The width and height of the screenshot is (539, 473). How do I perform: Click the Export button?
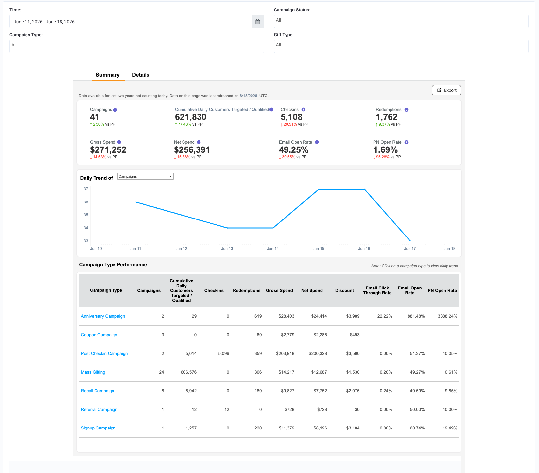pos(446,90)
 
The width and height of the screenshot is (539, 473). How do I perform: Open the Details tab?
pos(141,75)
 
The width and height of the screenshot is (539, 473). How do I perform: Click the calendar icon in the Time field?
pos(258,22)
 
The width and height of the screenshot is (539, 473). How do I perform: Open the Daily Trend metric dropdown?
pos(145,176)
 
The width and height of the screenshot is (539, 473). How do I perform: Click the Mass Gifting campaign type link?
pos(93,372)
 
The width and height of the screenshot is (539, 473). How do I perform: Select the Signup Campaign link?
pos(98,428)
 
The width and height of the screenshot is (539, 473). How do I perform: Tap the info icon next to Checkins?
pos(303,110)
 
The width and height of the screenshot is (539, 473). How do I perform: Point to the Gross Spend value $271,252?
pos(108,150)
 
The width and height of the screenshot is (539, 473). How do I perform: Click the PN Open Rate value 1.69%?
pos(386,150)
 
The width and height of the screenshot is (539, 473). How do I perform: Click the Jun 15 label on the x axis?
pos(318,249)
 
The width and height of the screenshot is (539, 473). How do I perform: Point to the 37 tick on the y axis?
pos(86,189)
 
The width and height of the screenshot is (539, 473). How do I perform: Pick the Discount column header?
pos(344,290)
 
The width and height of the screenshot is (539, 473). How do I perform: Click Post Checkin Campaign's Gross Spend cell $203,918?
pos(285,353)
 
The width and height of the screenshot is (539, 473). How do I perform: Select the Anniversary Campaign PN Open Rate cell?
pos(447,316)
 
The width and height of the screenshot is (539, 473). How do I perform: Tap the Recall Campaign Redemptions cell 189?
pos(258,391)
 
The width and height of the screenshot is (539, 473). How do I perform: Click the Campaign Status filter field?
pos(401,21)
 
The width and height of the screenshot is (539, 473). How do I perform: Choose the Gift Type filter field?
pos(401,46)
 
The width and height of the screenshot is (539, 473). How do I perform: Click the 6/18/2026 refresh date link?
pos(249,96)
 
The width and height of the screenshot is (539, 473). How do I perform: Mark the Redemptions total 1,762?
pos(387,117)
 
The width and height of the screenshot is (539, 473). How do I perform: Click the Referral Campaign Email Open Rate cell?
pos(417,409)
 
